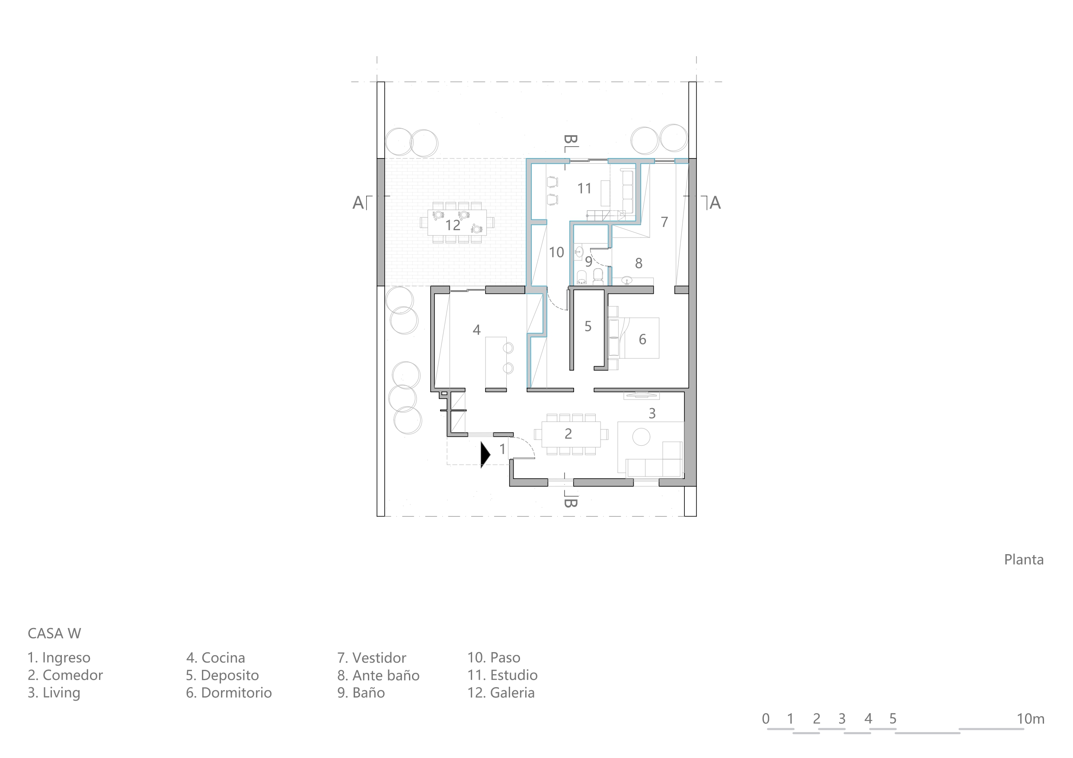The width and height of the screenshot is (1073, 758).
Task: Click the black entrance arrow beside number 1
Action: click(x=485, y=454)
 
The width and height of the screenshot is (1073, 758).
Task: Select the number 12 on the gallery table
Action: click(x=452, y=225)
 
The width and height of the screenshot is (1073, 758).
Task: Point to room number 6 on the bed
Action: click(x=642, y=339)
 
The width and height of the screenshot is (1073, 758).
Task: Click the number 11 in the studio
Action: click(x=584, y=189)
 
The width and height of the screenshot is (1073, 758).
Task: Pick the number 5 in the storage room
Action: click(x=588, y=327)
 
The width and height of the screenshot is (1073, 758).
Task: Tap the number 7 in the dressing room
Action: click(x=664, y=222)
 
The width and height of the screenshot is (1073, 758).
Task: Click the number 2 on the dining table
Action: click(x=568, y=434)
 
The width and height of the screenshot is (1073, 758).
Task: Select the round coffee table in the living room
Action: click(x=641, y=437)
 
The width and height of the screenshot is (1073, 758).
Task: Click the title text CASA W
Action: click(x=54, y=634)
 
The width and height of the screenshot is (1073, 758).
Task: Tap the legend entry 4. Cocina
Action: click(x=215, y=658)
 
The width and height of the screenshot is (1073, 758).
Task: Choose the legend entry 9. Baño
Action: click(x=361, y=693)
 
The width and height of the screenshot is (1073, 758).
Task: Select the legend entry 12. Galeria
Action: click(x=501, y=693)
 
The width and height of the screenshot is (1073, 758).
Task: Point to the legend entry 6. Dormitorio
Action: click(x=229, y=693)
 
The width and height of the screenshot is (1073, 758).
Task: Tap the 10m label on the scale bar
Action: click(x=1031, y=719)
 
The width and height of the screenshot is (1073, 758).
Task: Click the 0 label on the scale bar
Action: click(x=766, y=719)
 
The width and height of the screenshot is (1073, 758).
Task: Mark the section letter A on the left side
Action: click(x=358, y=203)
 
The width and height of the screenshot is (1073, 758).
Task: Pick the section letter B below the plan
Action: click(x=571, y=503)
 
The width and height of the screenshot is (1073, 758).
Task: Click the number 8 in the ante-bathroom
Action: click(x=639, y=263)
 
